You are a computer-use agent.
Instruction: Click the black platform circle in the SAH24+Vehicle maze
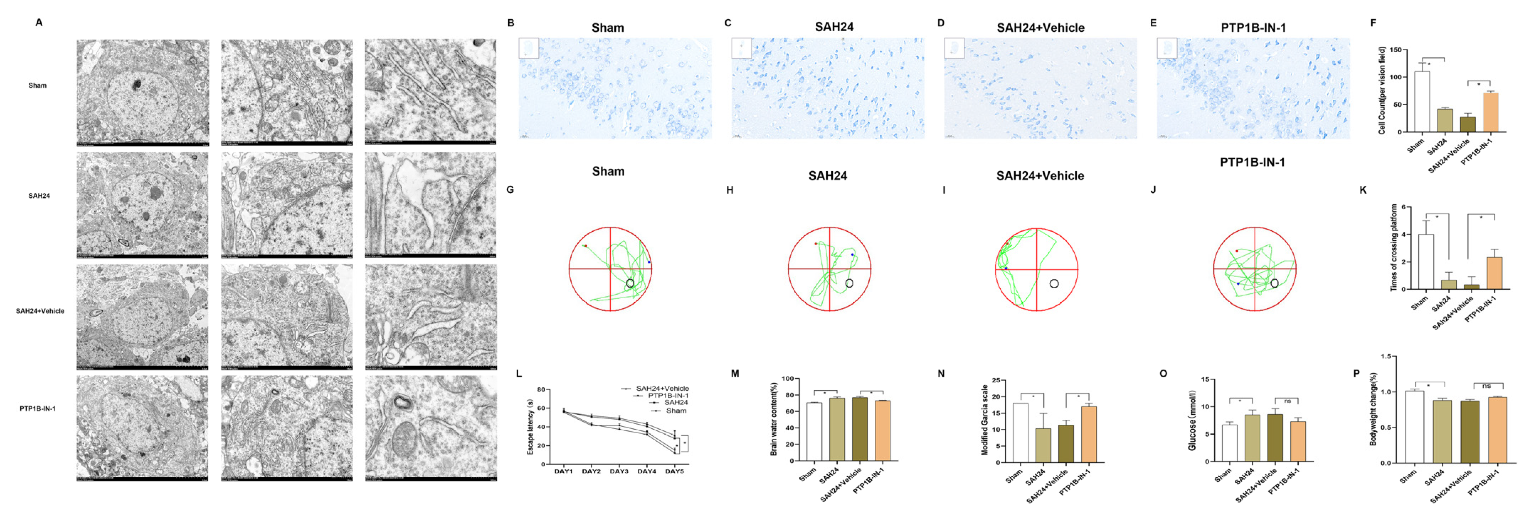click(x=1054, y=284)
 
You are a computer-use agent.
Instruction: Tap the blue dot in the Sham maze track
click(x=649, y=262)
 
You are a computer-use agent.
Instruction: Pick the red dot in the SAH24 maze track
click(x=816, y=244)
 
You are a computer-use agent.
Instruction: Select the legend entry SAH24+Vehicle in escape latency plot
click(x=662, y=388)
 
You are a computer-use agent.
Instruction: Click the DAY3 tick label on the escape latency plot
click(x=619, y=471)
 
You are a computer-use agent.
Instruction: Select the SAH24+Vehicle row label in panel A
click(x=40, y=311)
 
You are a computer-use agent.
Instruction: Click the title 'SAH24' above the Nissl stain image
click(x=833, y=27)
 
